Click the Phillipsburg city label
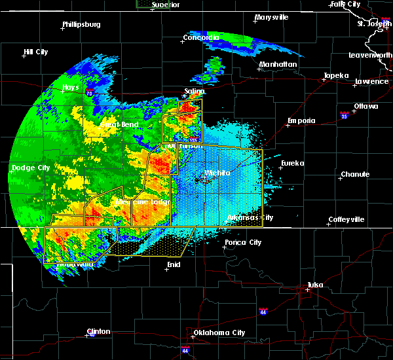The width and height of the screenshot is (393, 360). [x=81, y=25]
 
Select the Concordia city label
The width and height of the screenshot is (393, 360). [x=201, y=37]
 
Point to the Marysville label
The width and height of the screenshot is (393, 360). [x=272, y=18]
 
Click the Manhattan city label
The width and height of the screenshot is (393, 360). [x=278, y=64]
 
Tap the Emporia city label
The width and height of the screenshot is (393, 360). [x=301, y=120]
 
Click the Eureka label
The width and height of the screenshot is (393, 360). [x=293, y=163]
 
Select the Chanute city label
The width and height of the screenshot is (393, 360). [x=354, y=174]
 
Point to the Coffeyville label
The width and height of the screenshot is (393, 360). [x=346, y=219]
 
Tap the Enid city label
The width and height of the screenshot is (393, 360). [x=174, y=264]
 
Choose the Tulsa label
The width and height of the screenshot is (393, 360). [x=317, y=285]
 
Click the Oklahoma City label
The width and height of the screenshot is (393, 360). [x=221, y=333]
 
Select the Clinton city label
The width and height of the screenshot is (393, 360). [x=100, y=331]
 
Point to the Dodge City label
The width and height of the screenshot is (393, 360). [x=30, y=168]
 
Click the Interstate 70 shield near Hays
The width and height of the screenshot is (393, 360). [x=88, y=94]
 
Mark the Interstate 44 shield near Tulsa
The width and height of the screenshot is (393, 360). [x=263, y=311]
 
